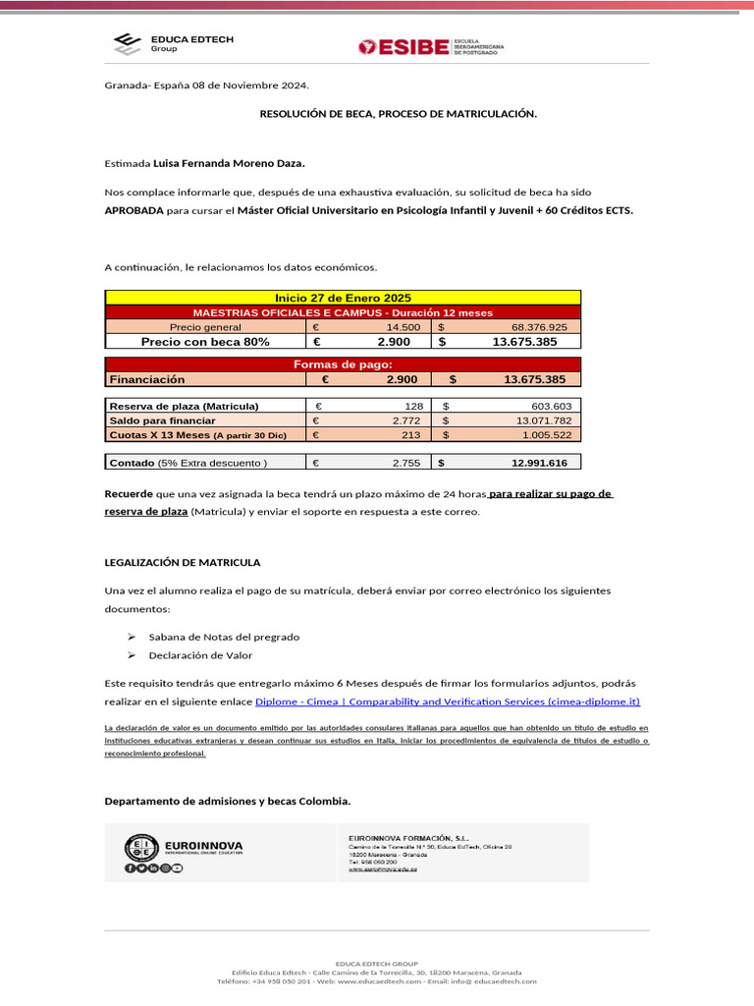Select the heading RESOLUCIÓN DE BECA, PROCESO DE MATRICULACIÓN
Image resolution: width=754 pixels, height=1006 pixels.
398,114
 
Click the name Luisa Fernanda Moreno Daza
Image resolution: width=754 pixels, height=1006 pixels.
229,164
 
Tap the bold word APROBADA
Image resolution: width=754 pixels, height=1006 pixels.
135,210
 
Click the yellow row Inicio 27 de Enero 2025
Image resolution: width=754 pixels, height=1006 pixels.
343,298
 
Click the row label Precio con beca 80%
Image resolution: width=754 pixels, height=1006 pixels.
205,342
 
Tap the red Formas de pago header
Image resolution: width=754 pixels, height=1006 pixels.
343,364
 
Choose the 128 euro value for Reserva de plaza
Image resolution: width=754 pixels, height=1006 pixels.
412,406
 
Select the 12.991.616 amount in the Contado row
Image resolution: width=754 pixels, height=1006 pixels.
539,463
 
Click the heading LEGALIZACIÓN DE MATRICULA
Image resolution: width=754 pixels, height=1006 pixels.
183,563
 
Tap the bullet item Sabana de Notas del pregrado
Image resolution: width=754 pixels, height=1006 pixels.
223,637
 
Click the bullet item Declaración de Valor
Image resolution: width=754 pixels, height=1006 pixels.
199,655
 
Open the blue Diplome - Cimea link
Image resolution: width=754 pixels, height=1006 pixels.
448,701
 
